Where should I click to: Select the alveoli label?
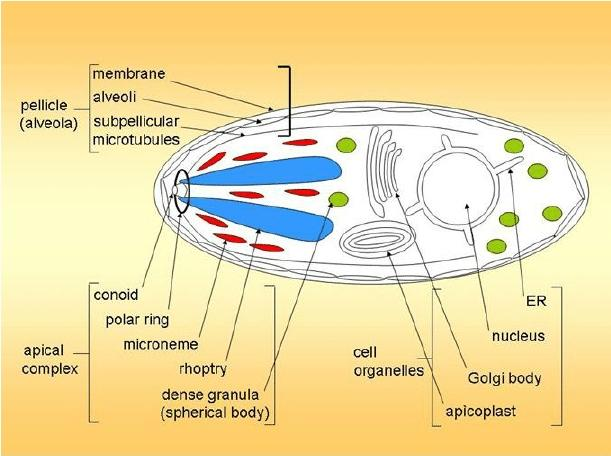(x=118, y=98)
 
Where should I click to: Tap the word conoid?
(x=115, y=296)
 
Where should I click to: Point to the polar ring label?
(x=138, y=321)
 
